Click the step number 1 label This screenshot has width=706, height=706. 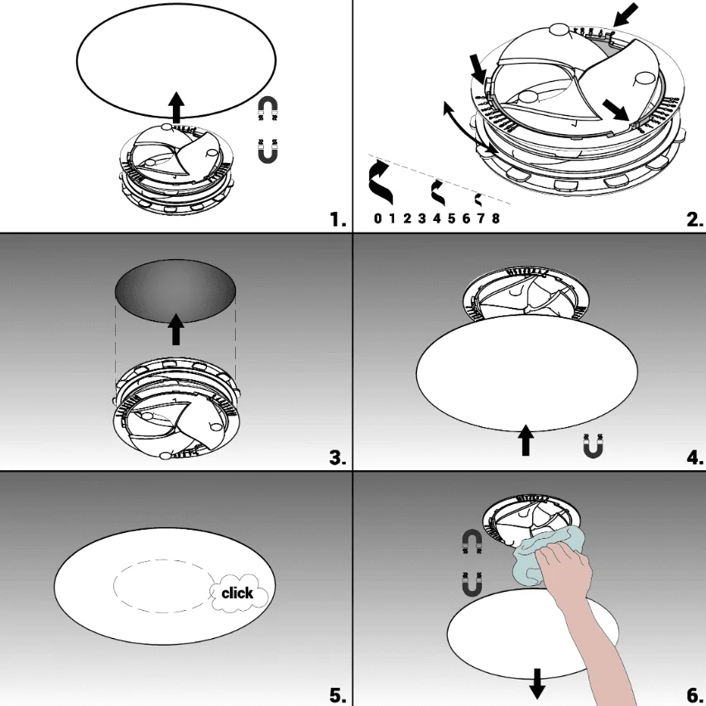pos(338,219)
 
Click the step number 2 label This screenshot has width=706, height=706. pos(694,219)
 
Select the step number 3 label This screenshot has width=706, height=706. pos(338,458)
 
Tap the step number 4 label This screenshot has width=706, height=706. pos(694,458)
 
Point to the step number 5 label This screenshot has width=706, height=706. pos(338,695)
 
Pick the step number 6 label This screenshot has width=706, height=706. pos(694,695)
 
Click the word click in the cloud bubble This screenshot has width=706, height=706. pos(238,593)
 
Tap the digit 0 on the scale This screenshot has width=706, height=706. pos(377,219)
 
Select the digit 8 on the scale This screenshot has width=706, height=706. pos(496,219)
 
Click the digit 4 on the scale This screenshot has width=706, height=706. pos(437,219)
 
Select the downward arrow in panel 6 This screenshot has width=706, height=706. pos(536,684)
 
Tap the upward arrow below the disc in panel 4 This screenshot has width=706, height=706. pos(526,439)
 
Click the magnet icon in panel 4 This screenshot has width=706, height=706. pos(593,446)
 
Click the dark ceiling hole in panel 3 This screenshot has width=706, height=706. pos(175,291)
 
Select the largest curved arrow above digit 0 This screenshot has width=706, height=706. pos(380,183)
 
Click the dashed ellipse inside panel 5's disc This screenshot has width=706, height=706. pos(164,586)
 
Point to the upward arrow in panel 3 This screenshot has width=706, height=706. pos(176,329)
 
